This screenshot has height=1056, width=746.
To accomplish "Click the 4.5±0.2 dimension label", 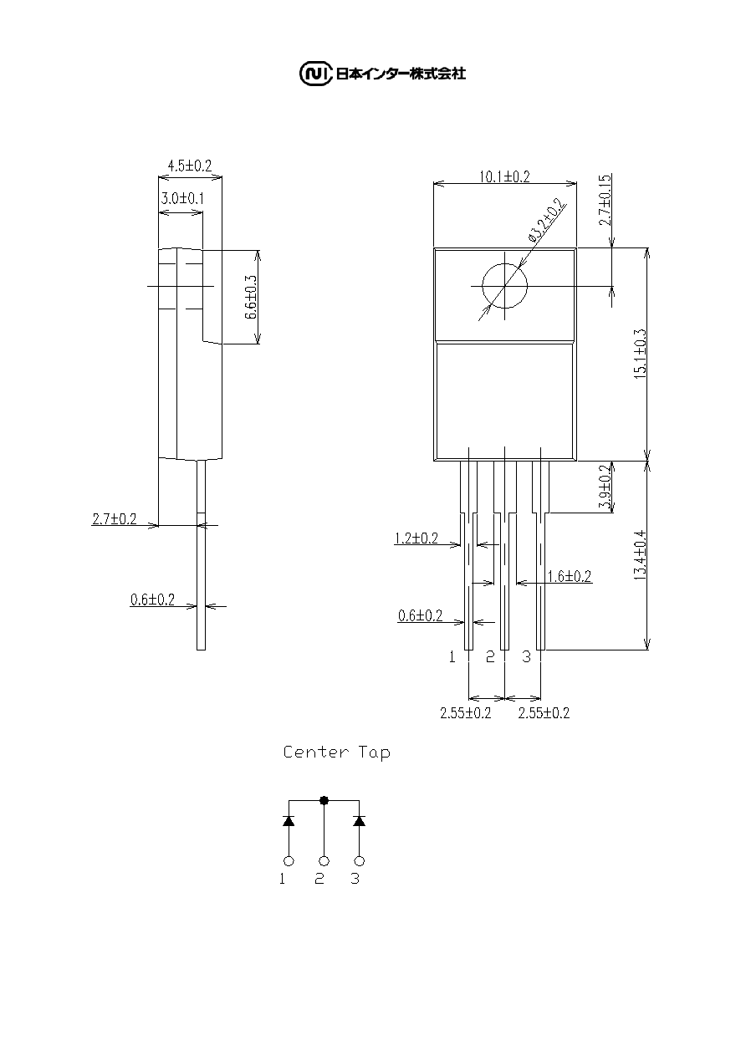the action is tap(190, 166).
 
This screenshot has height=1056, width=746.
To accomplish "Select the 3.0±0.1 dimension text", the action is tap(182, 198).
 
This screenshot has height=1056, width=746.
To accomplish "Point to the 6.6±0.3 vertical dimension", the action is tap(252, 297).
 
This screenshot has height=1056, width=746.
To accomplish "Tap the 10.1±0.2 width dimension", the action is tap(504, 176).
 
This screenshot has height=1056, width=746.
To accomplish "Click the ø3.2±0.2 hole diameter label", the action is tap(547, 221).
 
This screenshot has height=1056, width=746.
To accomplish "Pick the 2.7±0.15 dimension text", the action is tap(605, 200).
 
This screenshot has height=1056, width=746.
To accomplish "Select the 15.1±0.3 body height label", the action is tap(641, 354).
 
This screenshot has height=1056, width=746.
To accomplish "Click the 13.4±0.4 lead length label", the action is tap(641, 555).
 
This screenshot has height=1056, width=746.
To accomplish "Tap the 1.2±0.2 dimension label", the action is tap(416, 538).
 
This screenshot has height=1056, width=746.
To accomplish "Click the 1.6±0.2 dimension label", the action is tap(570, 576).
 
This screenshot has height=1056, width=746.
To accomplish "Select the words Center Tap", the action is tap(337, 752).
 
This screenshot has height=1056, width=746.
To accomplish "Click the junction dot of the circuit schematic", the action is tap(324, 800).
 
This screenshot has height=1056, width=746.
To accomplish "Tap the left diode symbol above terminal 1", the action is tap(289, 821).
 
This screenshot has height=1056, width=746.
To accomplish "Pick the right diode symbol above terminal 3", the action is tap(360, 821).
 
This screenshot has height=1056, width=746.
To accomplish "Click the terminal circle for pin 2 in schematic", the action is tap(324, 861).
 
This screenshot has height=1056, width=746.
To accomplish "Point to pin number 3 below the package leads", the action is tap(527, 656).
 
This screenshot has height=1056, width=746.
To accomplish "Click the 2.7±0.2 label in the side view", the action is tap(115, 519).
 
